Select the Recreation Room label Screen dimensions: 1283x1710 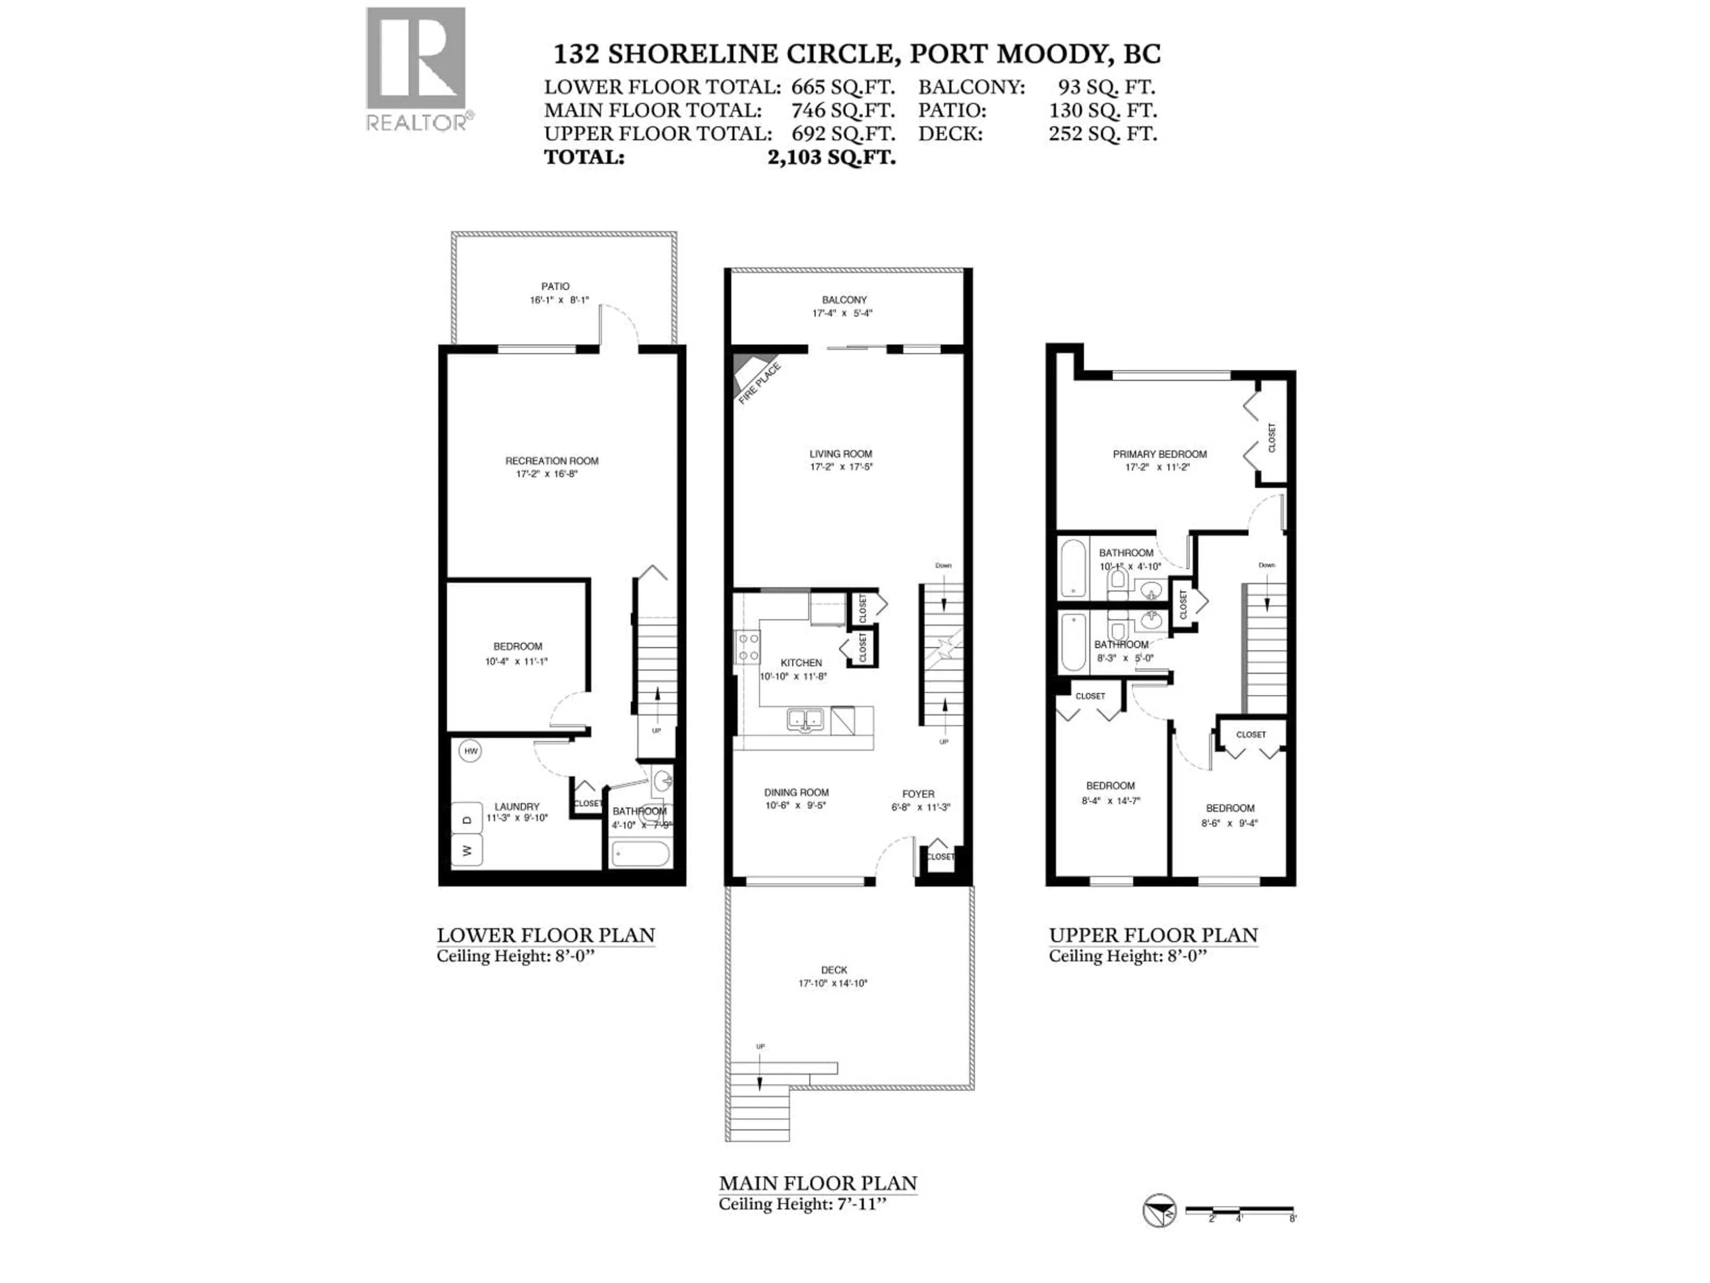click(x=551, y=461)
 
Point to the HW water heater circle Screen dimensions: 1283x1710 click(x=470, y=751)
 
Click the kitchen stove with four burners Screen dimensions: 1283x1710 click(x=748, y=647)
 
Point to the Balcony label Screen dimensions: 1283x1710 click(x=844, y=300)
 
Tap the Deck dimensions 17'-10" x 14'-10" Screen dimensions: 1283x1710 click(x=833, y=984)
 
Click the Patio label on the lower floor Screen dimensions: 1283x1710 click(x=555, y=286)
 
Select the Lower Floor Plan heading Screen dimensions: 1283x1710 click(x=546, y=935)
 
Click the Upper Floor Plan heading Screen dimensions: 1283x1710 click(x=1152, y=935)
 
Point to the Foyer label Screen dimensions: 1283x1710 click(x=918, y=794)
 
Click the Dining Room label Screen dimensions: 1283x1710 click(x=796, y=793)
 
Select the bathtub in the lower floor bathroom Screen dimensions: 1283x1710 click(x=640, y=854)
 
